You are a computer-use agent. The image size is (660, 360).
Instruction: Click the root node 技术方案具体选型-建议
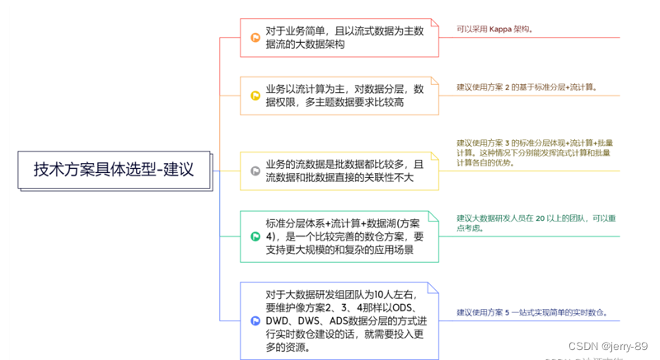pos(114,170)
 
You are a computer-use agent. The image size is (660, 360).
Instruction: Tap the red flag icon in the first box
pos(255,37)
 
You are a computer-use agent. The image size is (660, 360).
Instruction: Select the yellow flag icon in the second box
pos(255,96)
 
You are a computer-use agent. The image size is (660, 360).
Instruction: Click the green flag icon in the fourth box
pos(255,236)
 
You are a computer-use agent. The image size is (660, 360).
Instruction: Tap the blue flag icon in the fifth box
pos(255,320)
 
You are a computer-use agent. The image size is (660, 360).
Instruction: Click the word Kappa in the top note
pos(502,29)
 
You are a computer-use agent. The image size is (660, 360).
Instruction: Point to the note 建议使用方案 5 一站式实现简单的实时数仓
pos(532,313)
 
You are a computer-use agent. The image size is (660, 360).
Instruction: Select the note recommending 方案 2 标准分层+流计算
pos(527,86)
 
